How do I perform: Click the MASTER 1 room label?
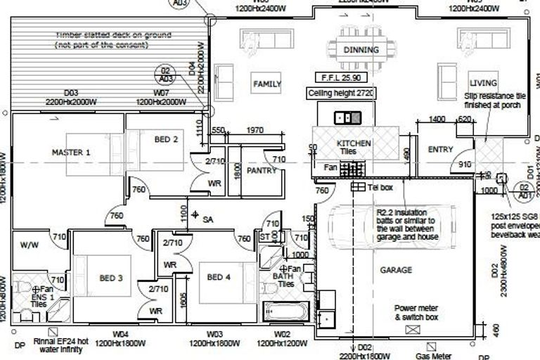click(71, 152)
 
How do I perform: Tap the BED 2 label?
click(166, 140)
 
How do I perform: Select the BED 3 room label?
click(111, 278)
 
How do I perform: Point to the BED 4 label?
click(219, 277)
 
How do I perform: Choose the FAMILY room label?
click(267, 84)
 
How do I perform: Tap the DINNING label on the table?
click(361, 50)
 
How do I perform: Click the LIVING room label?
click(483, 83)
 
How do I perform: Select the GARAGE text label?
click(396, 269)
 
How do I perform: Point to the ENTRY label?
click(440, 149)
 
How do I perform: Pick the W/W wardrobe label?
click(30, 246)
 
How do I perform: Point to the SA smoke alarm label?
click(207, 220)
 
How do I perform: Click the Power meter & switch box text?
click(416, 313)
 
